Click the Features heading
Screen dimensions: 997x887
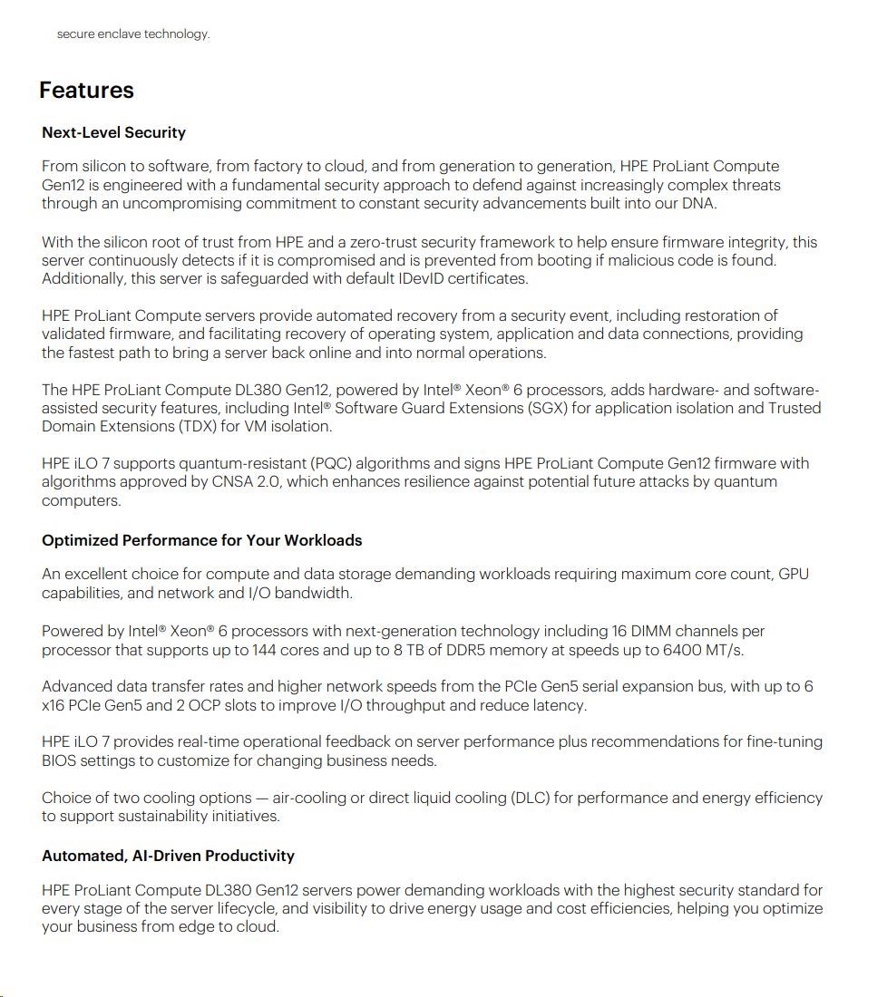[86, 91]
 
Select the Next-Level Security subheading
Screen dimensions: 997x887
[113, 132]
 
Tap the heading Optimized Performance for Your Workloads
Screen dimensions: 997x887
[201, 540]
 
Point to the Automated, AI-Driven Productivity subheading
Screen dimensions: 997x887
[168, 856]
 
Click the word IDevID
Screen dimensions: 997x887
[421, 278]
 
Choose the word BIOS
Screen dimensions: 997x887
[59, 760]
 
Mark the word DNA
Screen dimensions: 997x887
[698, 203]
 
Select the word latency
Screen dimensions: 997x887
[558, 705]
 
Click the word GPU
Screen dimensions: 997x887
[794, 574]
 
